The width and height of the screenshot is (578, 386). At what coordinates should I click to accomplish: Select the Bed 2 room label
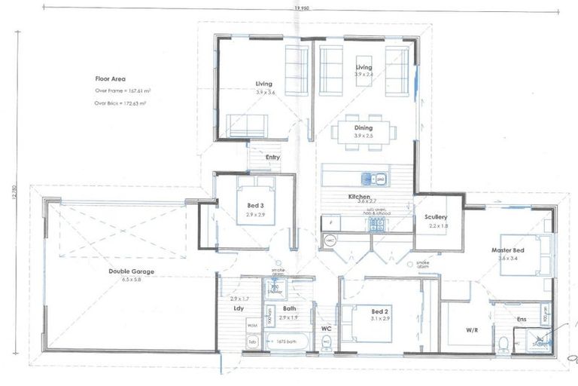(x=379, y=311)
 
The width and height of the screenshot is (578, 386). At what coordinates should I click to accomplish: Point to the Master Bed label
(x=507, y=250)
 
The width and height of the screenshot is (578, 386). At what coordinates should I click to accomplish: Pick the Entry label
(x=272, y=157)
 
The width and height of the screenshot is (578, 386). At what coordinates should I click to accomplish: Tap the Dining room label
(x=364, y=128)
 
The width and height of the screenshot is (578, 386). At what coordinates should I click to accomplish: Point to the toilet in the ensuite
(x=503, y=344)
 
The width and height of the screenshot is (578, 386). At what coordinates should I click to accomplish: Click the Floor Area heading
(x=110, y=78)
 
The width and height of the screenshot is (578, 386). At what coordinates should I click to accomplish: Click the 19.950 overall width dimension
(x=299, y=8)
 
